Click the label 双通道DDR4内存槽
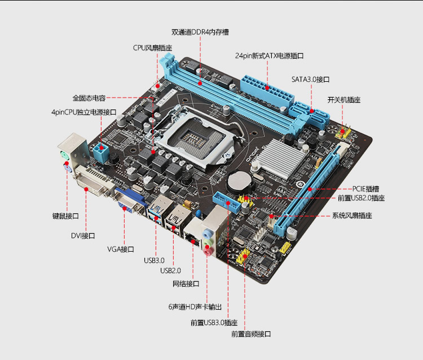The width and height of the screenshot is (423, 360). (x=200, y=32)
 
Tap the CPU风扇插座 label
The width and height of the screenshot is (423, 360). (x=152, y=48)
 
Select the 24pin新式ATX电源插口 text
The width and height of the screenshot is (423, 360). (x=269, y=56)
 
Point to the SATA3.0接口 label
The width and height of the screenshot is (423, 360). (x=311, y=80)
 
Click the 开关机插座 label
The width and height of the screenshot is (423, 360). (x=344, y=100)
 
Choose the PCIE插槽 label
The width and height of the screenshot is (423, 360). (x=365, y=188)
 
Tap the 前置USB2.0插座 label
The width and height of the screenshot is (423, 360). (x=361, y=198)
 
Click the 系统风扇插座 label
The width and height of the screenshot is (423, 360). (x=352, y=216)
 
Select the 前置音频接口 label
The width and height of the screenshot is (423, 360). (x=251, y=334)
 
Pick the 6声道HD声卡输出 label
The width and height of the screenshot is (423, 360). (x=195, y=307)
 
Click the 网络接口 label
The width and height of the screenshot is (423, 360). (x=186, y=284)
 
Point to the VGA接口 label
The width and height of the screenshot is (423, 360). (x=121, y=249)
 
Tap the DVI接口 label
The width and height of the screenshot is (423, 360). (x=83, y=236)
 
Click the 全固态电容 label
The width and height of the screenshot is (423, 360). (x=89, y=98)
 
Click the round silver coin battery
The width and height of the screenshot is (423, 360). (x=240, y=182)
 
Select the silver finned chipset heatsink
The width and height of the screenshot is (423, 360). (x=281, y=158)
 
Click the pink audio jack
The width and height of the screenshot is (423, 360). (x=207, y=252)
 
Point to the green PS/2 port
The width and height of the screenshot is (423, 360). (x=64, y=155)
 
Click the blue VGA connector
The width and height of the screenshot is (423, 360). (x=131, y=201)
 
